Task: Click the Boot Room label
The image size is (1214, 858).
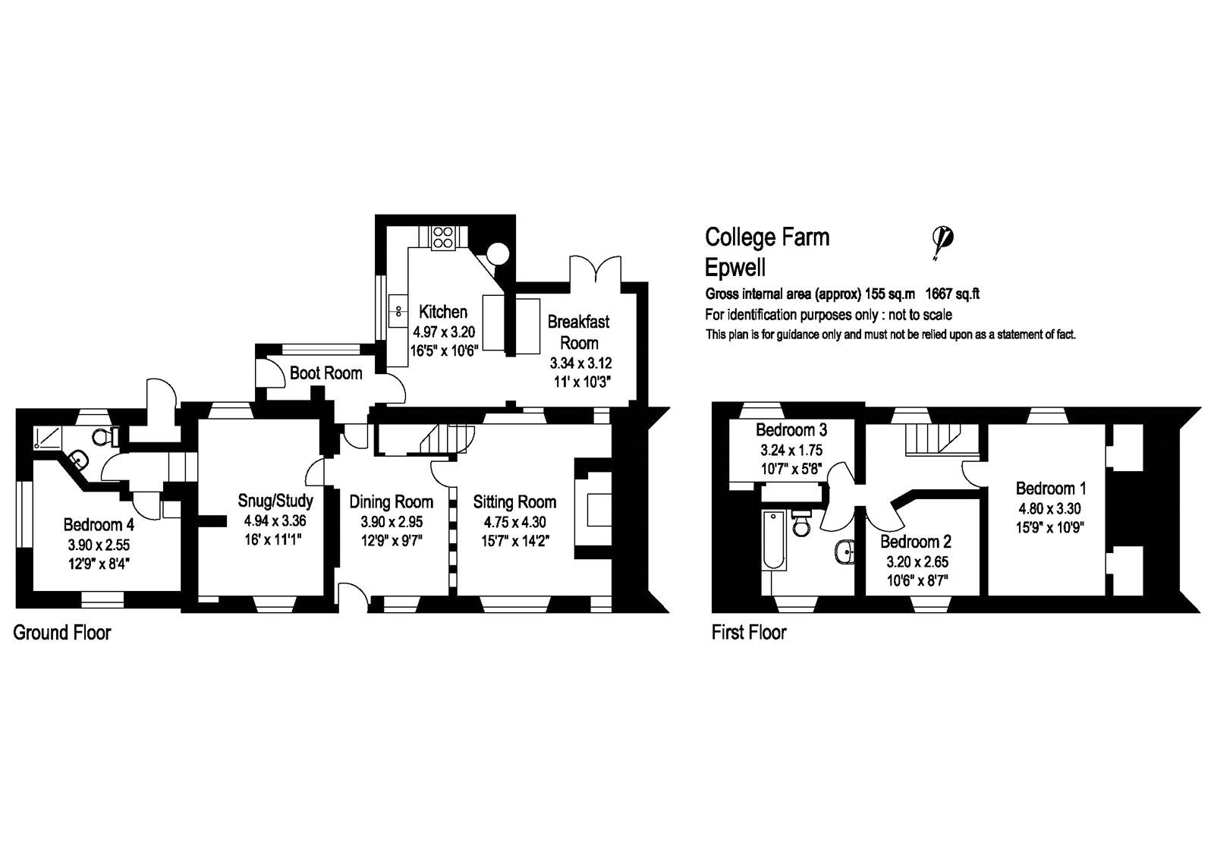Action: [x=326, y=373]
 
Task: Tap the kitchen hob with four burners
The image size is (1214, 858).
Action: [x=443, y=238]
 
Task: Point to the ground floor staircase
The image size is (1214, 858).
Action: [x=439, y=441]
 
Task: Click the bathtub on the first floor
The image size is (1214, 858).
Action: [x=775, y=549]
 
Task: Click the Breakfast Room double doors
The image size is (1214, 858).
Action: [x=596, y=272]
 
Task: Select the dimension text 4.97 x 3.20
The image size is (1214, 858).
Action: [x=443, y=332]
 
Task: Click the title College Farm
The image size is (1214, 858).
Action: [x=767, y=237]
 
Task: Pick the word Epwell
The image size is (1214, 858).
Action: [x=734, y=268]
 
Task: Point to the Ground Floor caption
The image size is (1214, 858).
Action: [x=62, y=633]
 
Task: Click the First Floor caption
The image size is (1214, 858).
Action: [x=748, y=632]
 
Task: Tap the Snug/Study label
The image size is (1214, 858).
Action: [x=275, y=501]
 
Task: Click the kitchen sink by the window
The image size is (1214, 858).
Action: [x=398, y=310]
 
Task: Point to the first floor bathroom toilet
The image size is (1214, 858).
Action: [x=802, y=525]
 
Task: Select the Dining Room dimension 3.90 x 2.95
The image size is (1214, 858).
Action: [x=391, y=522]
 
